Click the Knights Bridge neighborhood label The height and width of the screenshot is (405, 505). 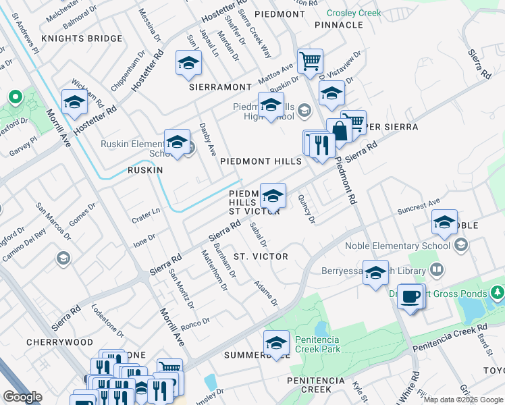pyautogui.click(x=81, y=38)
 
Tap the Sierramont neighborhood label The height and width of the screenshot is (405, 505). pyautogui.click(x=219, y=87)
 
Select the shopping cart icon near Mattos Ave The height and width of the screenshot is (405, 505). pyautogui.click(x=310, y=61)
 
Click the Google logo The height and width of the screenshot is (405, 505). pyautogui.click(x=22, y=396)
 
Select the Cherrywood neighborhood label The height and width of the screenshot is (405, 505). pyautogui.click(x=59, y=342)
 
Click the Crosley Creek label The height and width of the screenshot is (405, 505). pyautogui.click(x=354, y=13)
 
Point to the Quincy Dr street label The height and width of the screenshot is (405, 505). pyautogui.click(x=307, y=209)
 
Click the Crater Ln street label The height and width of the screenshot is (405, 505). pyautogui.click(x=146, y=215)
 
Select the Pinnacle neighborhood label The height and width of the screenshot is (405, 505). pyautogui.click(x=338, y=25)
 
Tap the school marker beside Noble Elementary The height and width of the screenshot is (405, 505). pyautogui.click(x=444, y=223)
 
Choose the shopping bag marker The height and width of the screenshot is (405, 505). pyautogui.click(x=338, y=131)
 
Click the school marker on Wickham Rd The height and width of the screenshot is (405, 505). pyautogui.click(x=74, y=103)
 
